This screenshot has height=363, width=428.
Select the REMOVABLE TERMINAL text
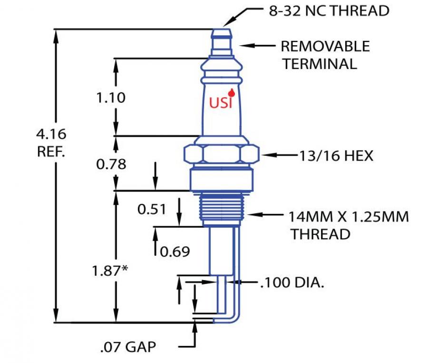(x=324, y=55)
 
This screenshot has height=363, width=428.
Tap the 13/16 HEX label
(x=336, y=155)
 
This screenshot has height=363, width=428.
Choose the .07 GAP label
(x=128, y=347)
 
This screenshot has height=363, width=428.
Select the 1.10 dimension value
(x=111, y=98)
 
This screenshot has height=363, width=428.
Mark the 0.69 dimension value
(x=175, y=251)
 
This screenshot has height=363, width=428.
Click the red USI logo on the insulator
(x=221, y=102)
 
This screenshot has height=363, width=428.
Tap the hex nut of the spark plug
(x=221, y=154)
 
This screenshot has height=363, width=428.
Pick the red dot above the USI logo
(x=232, y=92)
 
